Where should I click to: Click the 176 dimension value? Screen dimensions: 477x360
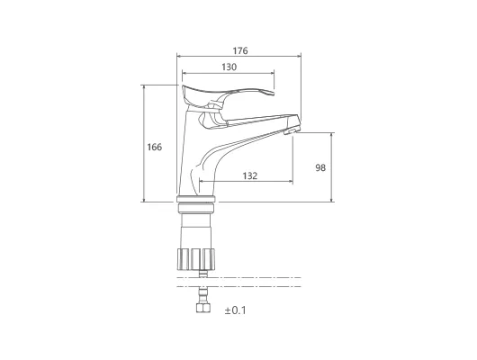[240, 50]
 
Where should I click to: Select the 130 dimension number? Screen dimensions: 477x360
[229, 67]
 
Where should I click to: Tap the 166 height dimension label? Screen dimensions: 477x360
[155, 148]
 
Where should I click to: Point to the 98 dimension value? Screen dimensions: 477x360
[320, 167]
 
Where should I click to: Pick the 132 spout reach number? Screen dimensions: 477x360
[250, 175]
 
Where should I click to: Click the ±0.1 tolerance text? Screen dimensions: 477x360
[236, 310]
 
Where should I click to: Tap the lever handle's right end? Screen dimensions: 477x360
[274, 93]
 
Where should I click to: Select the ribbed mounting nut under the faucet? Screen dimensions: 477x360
[196, 259]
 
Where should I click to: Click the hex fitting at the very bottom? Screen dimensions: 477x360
[203, 309]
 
